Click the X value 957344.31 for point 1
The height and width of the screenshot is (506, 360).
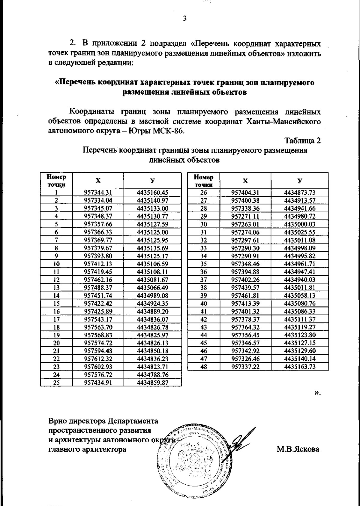tap(98, 192)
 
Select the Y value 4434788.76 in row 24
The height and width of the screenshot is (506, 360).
tap(152, 375)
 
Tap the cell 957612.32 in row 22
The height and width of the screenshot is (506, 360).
tap(98, 359)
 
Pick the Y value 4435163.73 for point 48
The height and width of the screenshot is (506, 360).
tap(300, 367)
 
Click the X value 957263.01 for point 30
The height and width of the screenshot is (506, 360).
tap(245, 224)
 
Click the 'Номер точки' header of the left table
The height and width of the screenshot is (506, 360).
tap(56, 180)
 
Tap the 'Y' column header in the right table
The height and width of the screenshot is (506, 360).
tap(300, 180)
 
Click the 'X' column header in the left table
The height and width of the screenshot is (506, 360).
tap(98, 180)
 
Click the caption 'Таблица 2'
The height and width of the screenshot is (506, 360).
tap(302, 141)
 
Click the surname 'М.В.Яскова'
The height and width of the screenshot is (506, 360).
tap(298, 450)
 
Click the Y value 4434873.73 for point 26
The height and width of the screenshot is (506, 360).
tap(300, 192)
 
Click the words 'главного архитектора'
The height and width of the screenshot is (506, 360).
tap(87, 450)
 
